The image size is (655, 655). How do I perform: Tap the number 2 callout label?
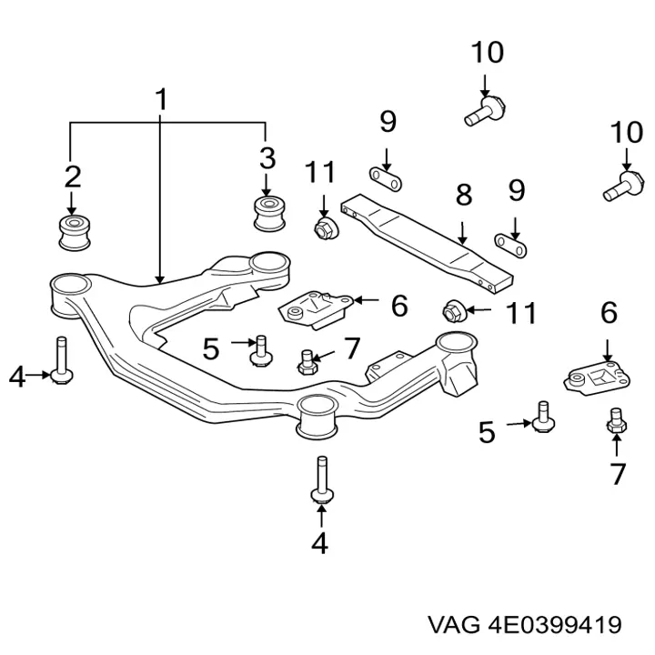pos(72,176)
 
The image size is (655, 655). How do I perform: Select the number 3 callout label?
pos(267,159)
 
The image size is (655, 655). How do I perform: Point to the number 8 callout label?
pos(463,194)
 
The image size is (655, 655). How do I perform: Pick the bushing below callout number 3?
pos(267,212)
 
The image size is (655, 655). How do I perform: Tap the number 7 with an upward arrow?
pos(618,473)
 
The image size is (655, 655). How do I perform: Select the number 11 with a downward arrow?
pos(320,172)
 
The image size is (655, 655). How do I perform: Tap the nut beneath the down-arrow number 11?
pos(321,226)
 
